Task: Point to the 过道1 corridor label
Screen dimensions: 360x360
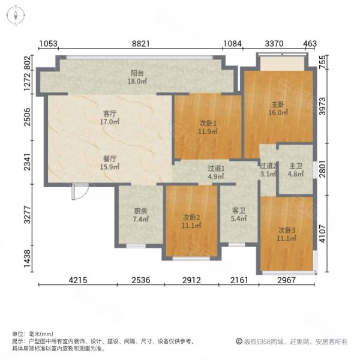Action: point(216,173)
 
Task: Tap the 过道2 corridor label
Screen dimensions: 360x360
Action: point(268,170)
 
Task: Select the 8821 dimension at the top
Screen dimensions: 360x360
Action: point(140,44)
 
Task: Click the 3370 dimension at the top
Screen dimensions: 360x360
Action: point(274,44)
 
